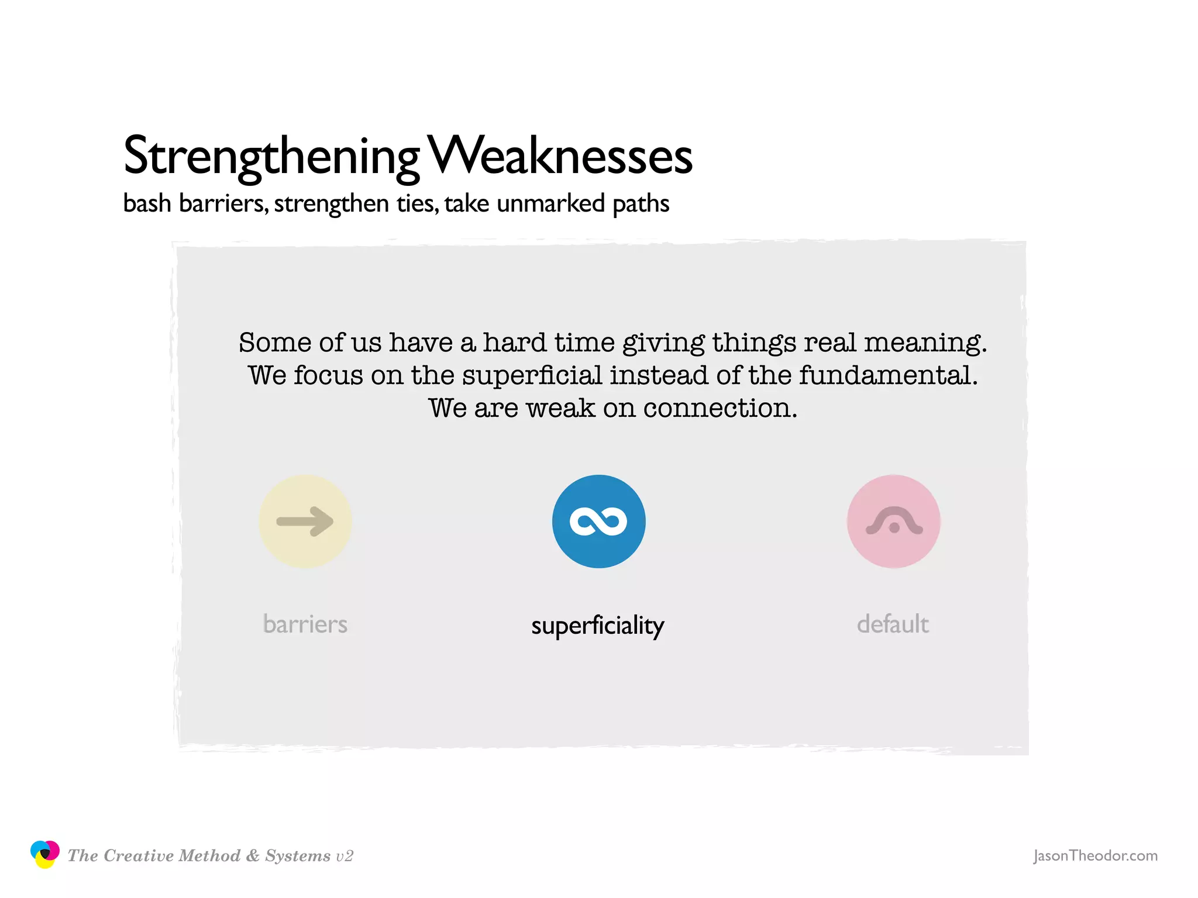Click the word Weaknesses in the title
560,156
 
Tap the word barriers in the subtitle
223,203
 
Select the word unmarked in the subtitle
550,203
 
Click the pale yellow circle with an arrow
305,521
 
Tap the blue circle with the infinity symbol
598,521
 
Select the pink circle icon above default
893,521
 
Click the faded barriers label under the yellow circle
305,624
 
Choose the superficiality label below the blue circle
598,626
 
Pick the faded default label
893,624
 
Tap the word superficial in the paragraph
532,375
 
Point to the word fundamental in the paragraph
888,375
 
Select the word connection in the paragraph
720,408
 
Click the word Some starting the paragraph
275,343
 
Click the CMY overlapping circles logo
45,854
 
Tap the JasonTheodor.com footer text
1095,856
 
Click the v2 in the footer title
345,856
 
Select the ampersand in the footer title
253,856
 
